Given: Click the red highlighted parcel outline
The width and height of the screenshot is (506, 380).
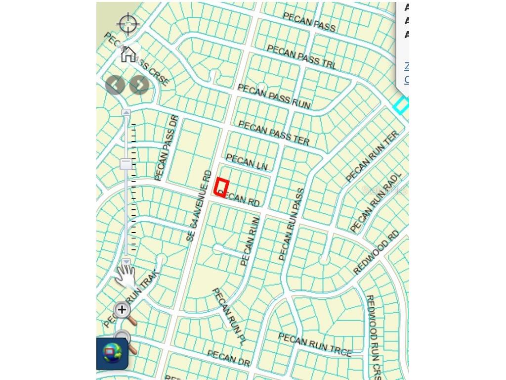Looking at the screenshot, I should pyautogui.click(x=221, y=188).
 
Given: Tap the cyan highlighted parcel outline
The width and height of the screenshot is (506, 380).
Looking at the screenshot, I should pyautogui.click(x=401, y=105).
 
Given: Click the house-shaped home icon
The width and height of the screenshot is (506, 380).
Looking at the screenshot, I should pyautogui.click(x=128, y=54).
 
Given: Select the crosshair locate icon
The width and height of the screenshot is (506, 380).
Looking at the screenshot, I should pyautogui.click(x=128, y=24).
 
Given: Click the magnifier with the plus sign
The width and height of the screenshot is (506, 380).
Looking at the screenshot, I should pyautogui.click(x=122, y=310).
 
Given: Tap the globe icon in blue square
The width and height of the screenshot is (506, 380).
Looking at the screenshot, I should pyautogui.click(x=112, y=353).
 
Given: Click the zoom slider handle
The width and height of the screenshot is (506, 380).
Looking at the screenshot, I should pyautogui.click(x=126, y=164).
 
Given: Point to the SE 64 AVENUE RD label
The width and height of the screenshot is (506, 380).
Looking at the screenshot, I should pyautogui.click(x=199, y=206).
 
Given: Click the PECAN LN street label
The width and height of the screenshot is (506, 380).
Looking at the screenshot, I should pyautogui.click(x=247, y=162).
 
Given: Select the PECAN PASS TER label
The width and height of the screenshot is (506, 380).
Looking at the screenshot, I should pyautogui.click(x=274, y=133).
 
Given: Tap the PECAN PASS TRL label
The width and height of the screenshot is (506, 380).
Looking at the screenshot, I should pyautogui.click(x=301, y=56).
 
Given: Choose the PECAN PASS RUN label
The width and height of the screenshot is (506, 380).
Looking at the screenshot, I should pyautogui.click(x=274, y=96).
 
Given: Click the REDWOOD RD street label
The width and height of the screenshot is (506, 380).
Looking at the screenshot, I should pyautogui.click(x=376, y=252).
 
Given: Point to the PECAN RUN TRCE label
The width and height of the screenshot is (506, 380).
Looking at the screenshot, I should pyautogui.click(x=315, y=344).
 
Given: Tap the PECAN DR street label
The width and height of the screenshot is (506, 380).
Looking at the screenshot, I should pyautogui.click(x=229, y=358).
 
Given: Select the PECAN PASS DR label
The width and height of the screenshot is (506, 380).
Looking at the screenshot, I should pyautogui.click(x=166, y=148).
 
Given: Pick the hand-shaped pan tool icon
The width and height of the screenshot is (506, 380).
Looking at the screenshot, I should pyautogui.click(x=126, y=276).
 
